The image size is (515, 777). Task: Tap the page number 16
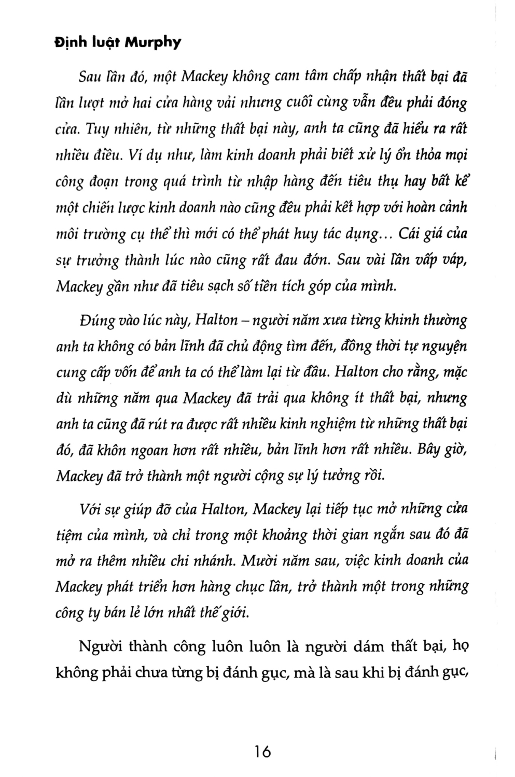(263, 751)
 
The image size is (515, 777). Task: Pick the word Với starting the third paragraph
(92, 509)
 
